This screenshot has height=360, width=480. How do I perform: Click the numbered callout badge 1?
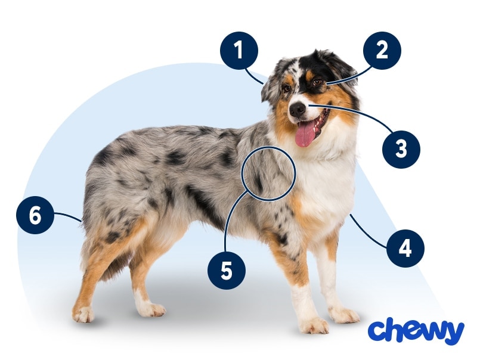pyautogui.click(x=239, y=51)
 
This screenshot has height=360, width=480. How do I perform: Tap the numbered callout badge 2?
pyautogui.click(x=382, y=51)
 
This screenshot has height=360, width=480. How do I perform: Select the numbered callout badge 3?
pyautogui.click(x=401, y=149)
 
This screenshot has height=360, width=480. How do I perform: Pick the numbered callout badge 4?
pyautogui.click(x=405, y=249)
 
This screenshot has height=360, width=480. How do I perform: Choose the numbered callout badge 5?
pyautogui.click(x=226, y=271)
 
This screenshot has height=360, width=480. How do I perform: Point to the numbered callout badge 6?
pyautogui.click(x=35, y=215)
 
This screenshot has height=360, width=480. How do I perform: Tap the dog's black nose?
pyautogui.click(x=297, y=110)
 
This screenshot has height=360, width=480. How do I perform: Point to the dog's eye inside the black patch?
pyautogui.click(x=317, y=82)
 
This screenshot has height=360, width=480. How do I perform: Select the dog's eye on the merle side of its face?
pyautogui.click(x=287, y=88)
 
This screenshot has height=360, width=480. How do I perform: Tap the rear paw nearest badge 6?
pyautogui.click(x=83, y=314)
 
